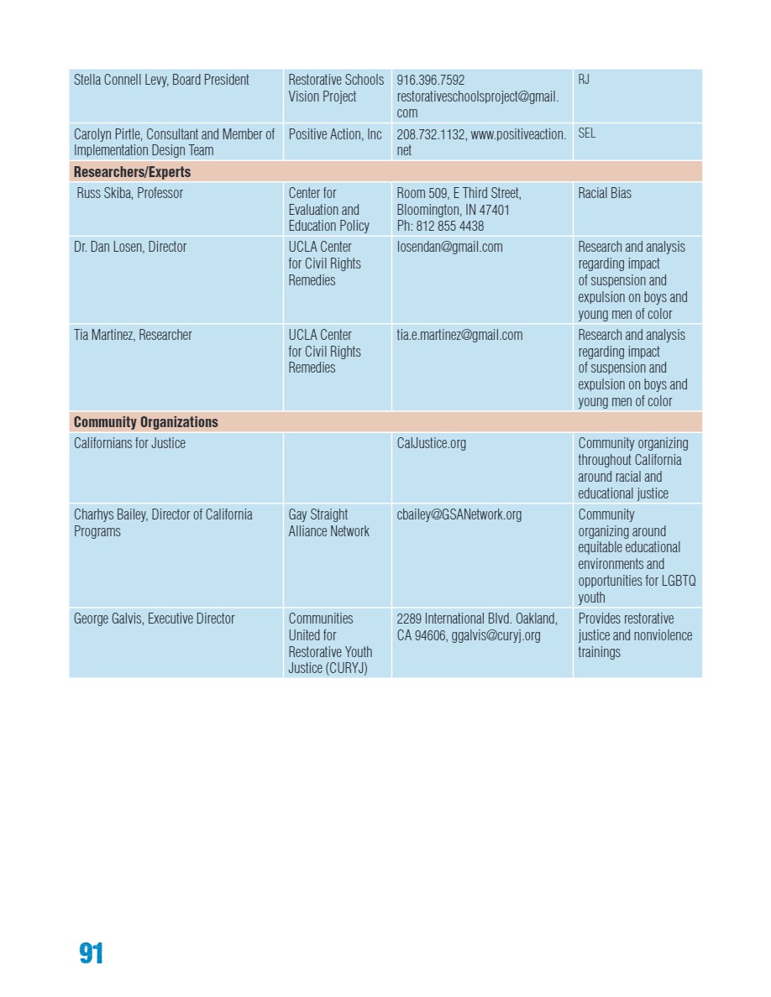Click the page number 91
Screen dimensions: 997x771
point(92,953)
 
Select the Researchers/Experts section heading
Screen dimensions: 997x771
point(133,172)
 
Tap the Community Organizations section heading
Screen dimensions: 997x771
point(146,422)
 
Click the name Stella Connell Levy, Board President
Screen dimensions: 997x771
point(161,80)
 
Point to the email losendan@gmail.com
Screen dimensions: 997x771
point(449,247)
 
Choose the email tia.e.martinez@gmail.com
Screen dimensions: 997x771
point(459,335)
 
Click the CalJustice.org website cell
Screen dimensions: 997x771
point(432,443)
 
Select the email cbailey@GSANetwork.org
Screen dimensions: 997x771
point(459,514)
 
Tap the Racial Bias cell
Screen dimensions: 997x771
point(605,193)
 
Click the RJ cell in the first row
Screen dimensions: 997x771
point(584,80)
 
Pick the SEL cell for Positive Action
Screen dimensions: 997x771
point(586,133)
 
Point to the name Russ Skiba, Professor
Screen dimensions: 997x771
point(130,193)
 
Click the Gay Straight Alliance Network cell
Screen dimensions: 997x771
point(328,523)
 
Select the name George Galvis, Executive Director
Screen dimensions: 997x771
point(153,619)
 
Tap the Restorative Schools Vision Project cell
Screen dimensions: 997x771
point(336,88)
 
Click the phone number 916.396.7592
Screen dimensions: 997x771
point(431,80)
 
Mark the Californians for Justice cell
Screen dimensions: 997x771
point(129,443)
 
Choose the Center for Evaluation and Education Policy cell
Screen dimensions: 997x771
point(328,210)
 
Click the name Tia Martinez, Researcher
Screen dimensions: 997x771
point(133,335)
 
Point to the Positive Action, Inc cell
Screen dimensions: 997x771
point(335,133)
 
